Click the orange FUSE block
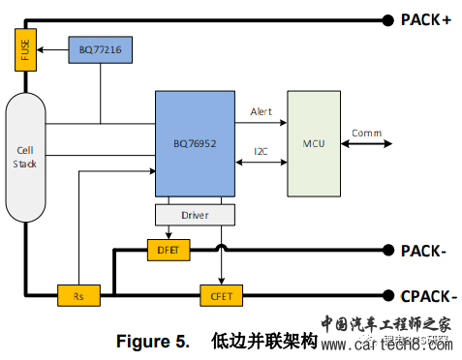coord(23,49)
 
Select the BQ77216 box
coord(101,49)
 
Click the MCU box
coord(314,144)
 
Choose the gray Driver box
coord(195,213)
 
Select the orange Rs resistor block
coord(78,293)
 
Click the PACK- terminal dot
coord(383,251)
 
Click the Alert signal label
coord(262,111)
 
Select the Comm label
coord(366,133)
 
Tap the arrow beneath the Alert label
coord(262,124)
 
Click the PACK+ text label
coord(425,19)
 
